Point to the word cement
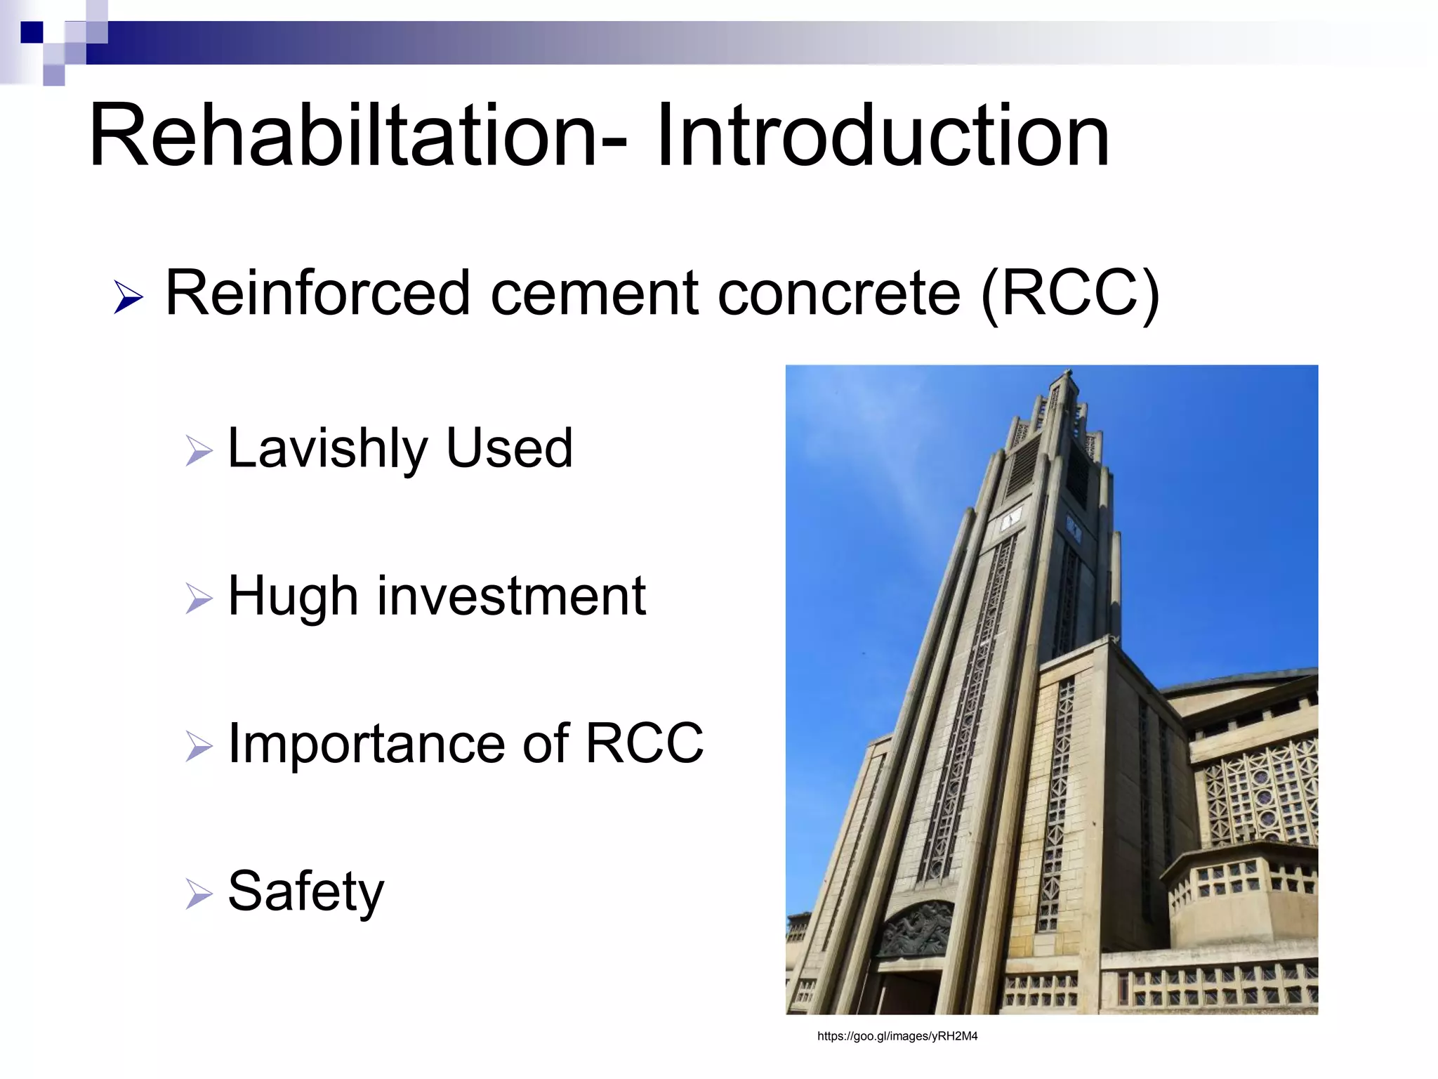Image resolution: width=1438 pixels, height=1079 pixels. (x=594, y=294)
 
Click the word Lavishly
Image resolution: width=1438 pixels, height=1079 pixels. (x=327, y=450)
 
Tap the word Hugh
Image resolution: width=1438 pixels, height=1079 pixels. (x=293, y=598)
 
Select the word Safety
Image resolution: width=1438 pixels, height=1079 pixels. (x=306, y=892)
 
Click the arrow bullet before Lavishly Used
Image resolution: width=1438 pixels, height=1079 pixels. (x=199, y=450)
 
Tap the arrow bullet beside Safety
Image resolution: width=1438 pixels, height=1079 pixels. (x=199, y=894)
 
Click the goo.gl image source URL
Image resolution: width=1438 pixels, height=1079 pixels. (x=897, y=1036)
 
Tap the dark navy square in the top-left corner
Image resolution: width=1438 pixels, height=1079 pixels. (x=32, y=32)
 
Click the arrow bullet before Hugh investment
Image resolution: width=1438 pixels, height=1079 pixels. (x=199, y=599)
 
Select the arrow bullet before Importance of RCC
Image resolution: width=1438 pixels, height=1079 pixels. (x=199, y=746)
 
